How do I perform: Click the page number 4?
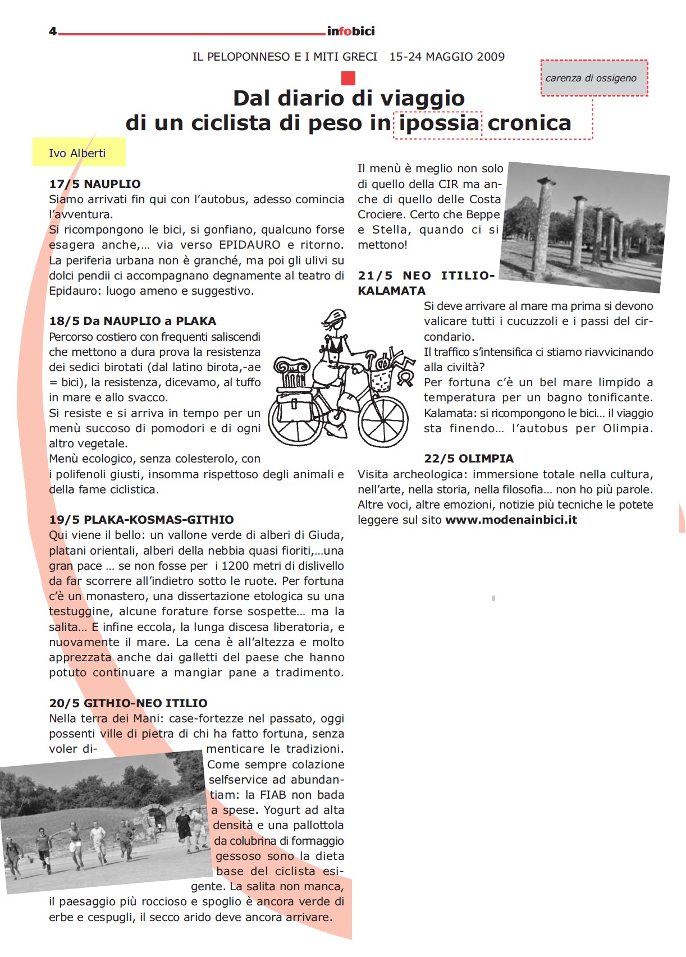[53, 31]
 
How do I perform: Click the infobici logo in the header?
[350, 31]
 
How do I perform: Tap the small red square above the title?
[348, 78]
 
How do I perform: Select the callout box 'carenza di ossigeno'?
[593, 78]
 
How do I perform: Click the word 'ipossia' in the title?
[439, 123]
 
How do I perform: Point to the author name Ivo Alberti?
[77, 153]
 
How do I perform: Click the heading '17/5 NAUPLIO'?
[94, 184]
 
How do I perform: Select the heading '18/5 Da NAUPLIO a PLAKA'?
[132, 321]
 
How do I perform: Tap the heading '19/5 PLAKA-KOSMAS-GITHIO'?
[141, 520]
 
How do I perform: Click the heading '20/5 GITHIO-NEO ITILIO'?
[128, 703]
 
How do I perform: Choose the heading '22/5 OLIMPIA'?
[469, 459]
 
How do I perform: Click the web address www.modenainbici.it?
[511, 520]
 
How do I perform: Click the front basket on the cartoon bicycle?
[381, 377]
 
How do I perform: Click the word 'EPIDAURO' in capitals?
[250, 245]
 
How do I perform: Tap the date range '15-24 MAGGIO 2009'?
[447, 57]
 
